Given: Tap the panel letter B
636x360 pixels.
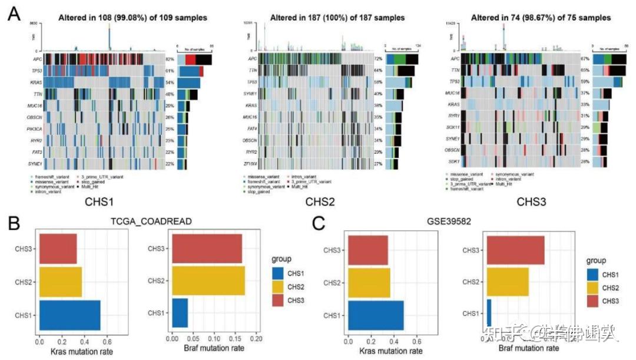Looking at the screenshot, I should pyautogui.click(x=14, y=224).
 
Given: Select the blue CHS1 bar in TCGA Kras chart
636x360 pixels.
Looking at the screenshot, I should pyautogui.click(x=69, y=315).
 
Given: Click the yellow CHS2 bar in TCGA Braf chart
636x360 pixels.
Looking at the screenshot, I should pyautogui.click(x=208, y=281).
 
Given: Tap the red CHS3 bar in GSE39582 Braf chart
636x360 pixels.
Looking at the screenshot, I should pyautogui.click(x=515, y=250).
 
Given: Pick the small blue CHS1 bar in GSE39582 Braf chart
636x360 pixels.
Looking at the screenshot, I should pyautogui.click(x=489, y=313).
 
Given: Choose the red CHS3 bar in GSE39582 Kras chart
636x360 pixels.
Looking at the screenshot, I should pyautogui.click(x=368, y=250).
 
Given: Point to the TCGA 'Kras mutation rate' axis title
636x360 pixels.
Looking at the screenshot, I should pyautogui.click(x=74, y=352).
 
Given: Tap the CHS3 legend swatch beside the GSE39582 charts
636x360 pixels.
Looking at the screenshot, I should pyautogui.click(x=595, y=302).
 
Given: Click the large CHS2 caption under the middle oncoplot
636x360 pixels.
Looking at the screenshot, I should pyautogui.click(x=321, y=202).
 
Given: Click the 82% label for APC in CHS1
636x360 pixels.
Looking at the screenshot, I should pyautogui.click(x=170, y=60).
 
